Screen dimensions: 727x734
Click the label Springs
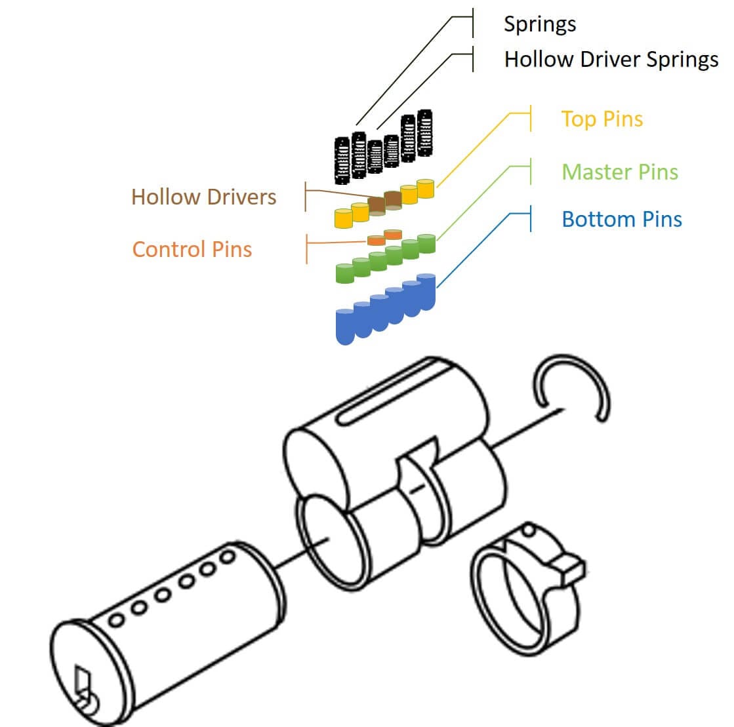tap(539, 24)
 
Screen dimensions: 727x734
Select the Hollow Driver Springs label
tap(611, 59)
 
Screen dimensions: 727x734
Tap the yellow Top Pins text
tap(601, 119)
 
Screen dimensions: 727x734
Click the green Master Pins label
tap(619, 172)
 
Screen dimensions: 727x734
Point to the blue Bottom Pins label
tap(621, 219)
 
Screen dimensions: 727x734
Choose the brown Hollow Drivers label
tap(203, 197)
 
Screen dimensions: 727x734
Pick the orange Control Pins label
tap(192, 249)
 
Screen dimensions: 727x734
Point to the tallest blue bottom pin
tap(426, 292)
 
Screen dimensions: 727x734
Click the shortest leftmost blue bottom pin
tap(344, 326)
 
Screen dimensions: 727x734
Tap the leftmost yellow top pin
tap(344, 218)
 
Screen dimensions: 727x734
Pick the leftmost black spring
tap(342, 159)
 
